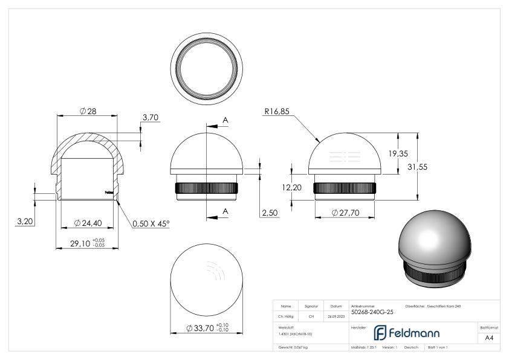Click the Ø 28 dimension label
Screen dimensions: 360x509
coord(88,111)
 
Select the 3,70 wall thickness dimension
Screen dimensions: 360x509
coord(151,117)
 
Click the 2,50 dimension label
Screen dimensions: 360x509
coord(270,213)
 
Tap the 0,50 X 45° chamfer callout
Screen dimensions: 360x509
coord(151,223)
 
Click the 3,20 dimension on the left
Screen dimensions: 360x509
coord(24,222)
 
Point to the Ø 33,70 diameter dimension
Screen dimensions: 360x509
coord(206,328)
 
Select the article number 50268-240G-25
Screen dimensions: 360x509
coord(372,312)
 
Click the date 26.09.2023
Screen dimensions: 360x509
coord(336,316)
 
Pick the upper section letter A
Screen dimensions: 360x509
coord(225,121)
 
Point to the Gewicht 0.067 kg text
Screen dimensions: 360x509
coord(293,347)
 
